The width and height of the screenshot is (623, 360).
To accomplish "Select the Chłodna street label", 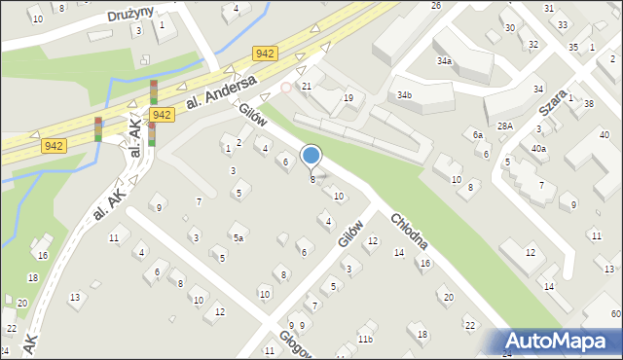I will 410,241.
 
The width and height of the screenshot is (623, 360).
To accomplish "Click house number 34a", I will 444,60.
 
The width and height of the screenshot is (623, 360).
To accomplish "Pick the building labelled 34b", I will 404,94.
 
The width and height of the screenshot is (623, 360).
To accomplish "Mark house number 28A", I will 504,126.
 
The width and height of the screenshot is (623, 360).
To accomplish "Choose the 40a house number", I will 538,149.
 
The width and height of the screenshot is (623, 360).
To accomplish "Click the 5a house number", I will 237,236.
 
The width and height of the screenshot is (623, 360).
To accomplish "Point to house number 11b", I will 364,339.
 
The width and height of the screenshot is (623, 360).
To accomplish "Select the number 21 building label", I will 306,87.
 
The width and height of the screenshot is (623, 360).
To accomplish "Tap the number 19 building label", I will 348,98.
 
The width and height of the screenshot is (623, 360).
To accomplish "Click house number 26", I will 436,6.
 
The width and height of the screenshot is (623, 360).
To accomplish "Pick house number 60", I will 615,313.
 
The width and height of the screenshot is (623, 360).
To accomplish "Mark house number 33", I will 563,24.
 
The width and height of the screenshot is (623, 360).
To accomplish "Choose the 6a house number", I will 477,135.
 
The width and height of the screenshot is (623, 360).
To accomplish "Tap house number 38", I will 588,103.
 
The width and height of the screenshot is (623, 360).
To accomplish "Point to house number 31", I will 549,9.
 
